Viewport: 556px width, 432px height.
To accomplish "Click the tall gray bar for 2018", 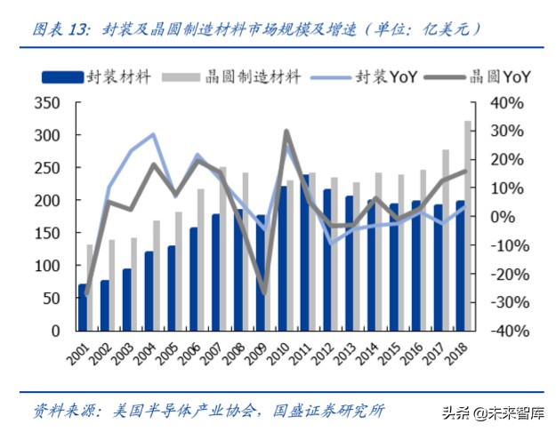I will tap(468, 226).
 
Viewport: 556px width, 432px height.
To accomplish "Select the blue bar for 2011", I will tap(305, 252).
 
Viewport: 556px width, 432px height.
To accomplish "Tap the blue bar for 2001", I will tap(83, 308).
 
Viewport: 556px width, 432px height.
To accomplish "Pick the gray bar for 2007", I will tap(223, 249).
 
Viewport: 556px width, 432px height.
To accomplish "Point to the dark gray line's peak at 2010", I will tap(286, 132).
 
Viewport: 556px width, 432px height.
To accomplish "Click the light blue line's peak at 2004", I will tap(154, 135).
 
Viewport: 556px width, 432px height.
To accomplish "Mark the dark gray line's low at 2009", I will tap(263, 292).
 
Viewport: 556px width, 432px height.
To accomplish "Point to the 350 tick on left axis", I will tap(46, 103).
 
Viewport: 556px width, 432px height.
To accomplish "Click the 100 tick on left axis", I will tap(46, 266).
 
